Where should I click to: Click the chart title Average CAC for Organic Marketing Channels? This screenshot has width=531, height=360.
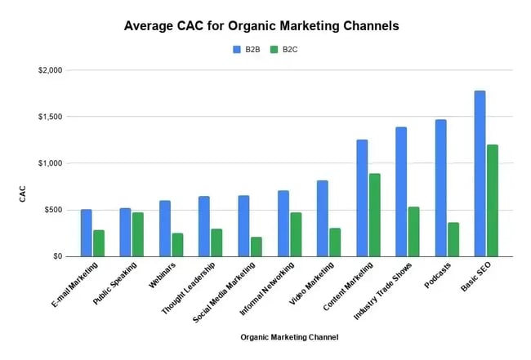pos(261,25)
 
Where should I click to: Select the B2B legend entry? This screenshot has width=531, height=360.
pos(248,50)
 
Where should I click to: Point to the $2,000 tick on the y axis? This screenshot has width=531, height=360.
pos(50,70)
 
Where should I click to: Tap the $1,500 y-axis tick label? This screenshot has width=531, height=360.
pos(50,117)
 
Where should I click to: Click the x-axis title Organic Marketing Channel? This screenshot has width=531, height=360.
pos(289,336)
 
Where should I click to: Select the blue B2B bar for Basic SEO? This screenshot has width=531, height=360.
pos(480,173)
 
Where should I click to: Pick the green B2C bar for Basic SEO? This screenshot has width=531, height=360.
pos(492,200)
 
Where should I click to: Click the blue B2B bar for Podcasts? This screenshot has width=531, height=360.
pos(440,188)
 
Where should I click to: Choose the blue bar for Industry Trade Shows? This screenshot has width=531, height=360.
pos(401,191)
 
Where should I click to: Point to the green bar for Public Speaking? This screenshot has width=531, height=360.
pos(137,234)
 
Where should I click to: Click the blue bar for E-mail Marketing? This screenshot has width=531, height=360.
pos(86,233)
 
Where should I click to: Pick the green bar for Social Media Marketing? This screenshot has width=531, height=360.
pos(256,247)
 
